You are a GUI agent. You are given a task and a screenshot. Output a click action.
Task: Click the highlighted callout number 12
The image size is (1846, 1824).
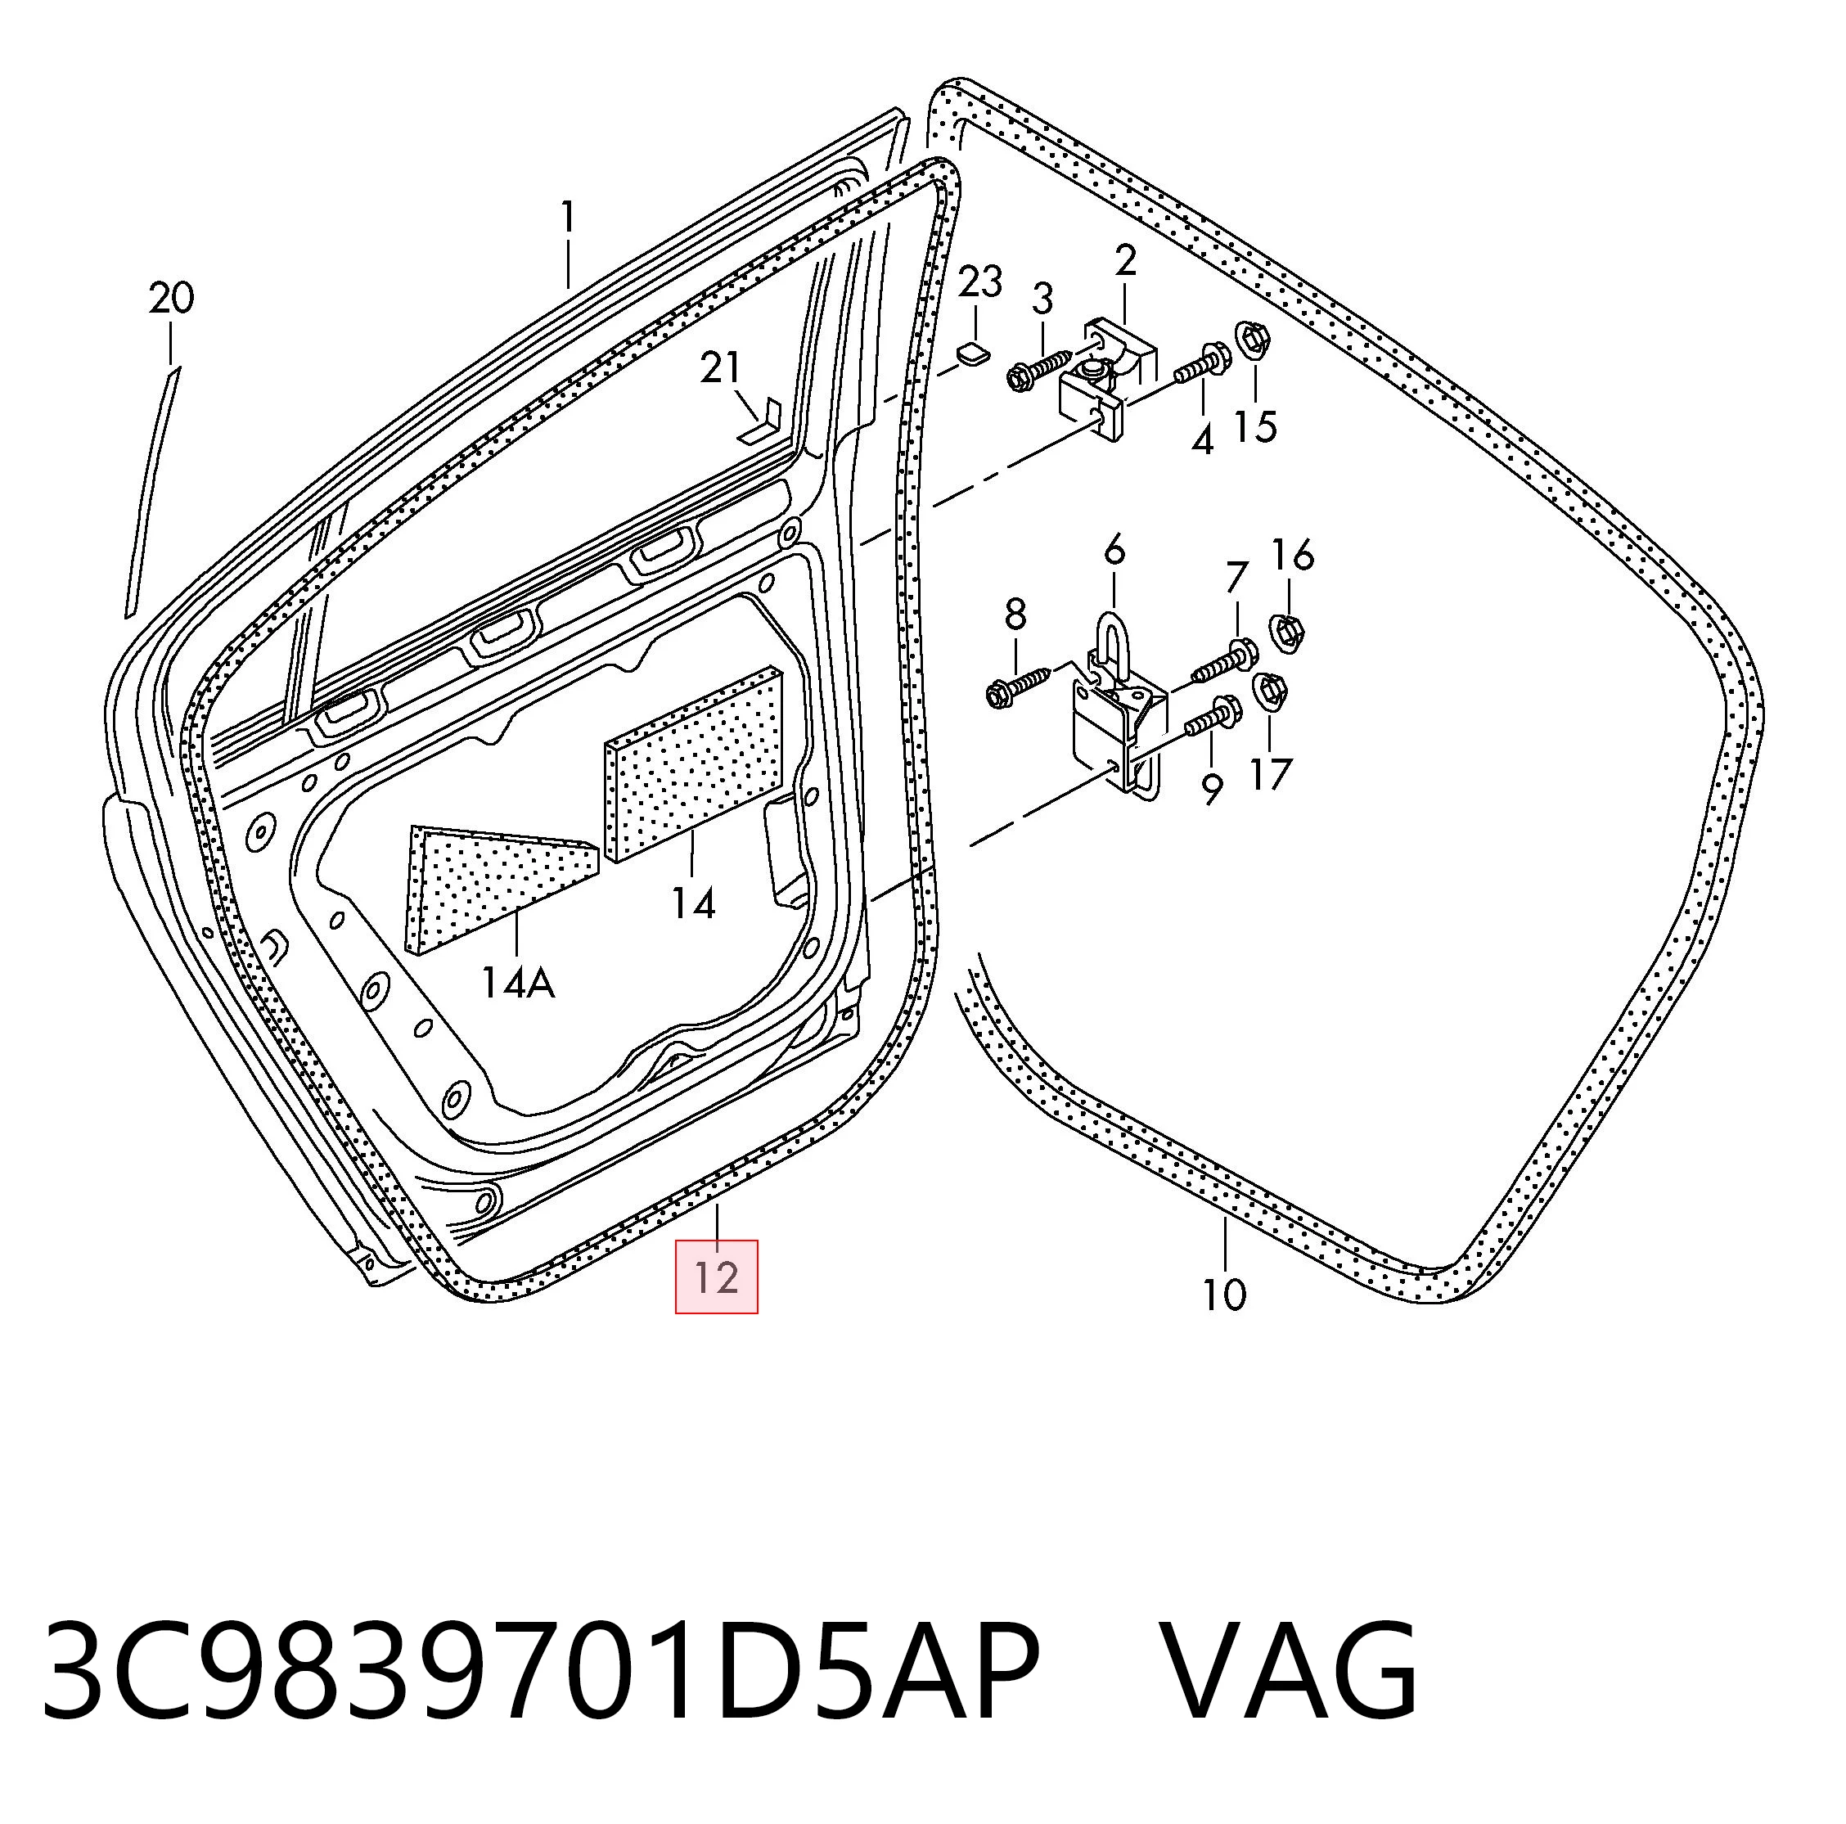pos(717,1277)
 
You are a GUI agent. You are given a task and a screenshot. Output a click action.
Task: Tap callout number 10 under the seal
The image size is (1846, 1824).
pos(1224,1295)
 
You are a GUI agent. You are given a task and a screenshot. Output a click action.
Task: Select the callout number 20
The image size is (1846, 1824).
pos(171,299)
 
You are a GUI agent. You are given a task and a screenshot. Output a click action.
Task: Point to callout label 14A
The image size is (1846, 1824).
pos(517,982)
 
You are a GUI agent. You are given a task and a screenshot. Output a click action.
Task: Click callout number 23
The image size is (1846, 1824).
pos(980,281)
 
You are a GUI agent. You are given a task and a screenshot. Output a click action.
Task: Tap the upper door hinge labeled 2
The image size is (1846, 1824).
pos(1109,377)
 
